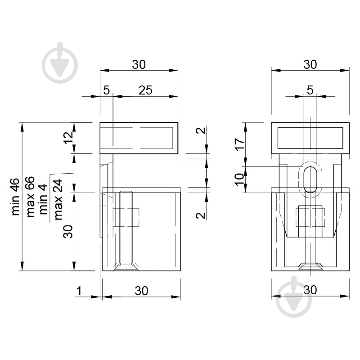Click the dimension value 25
(x=145, y=90)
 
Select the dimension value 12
(x=68, y=138)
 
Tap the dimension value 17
(x=240, y=144)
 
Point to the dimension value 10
(x=240, y=180)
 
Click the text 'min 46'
(x=15, y=197)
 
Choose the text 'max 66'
(x=30, y=197)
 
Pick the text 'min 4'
(x=43, y=199)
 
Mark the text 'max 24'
(x=58, y=199)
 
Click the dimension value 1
(x=79, y=291)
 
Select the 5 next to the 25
(x=107, y=90)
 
